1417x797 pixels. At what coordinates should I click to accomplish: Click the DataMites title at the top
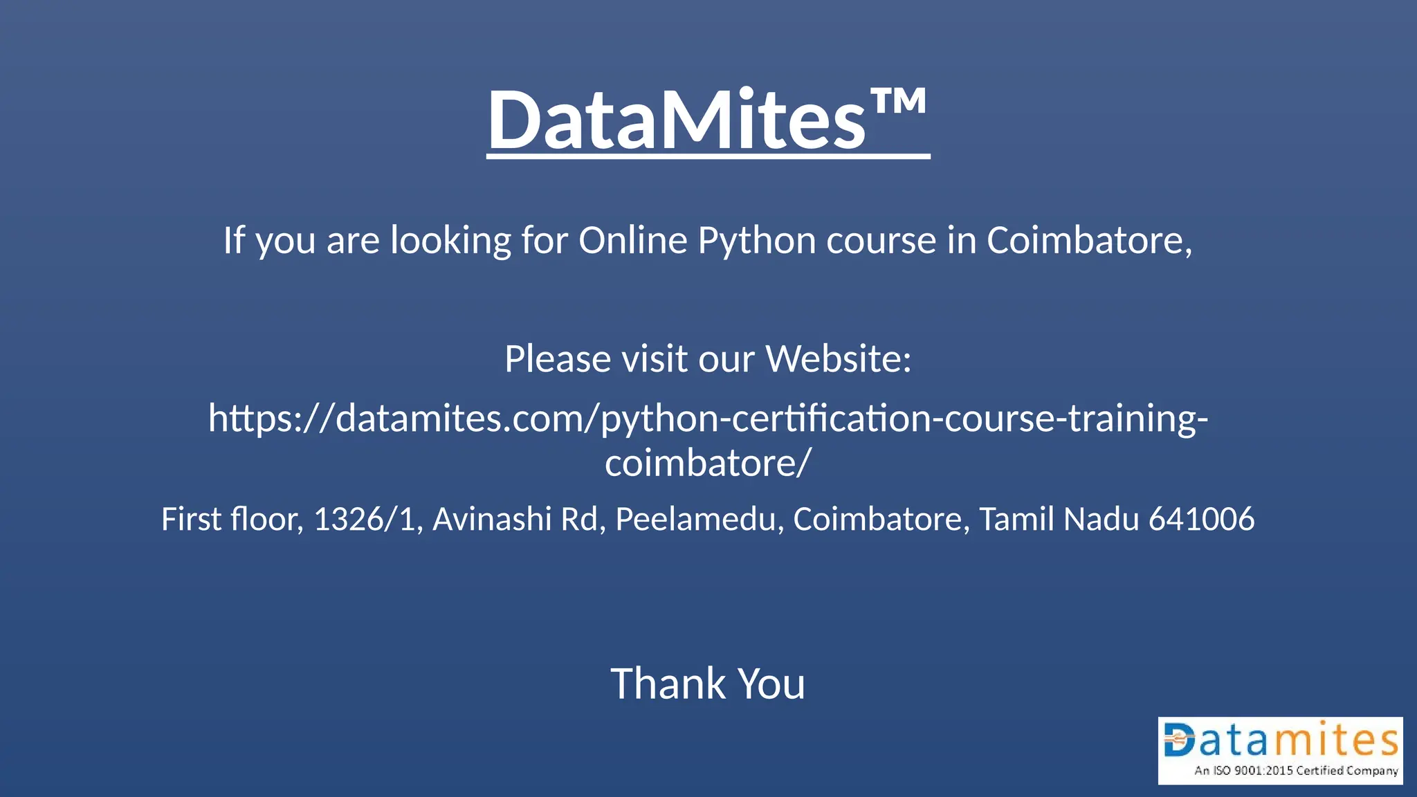(x=677, y=120)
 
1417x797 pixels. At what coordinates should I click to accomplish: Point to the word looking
(x=450, y=242)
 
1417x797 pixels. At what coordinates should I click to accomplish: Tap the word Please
(x=557, y=359)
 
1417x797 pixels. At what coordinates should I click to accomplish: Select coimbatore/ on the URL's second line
(x=707, y=463)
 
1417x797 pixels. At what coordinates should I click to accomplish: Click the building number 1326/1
(x=365, y=520)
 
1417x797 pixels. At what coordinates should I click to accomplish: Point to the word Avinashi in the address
(x=491, y=520)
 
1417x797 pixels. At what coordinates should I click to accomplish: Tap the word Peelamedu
(x=695, y=520)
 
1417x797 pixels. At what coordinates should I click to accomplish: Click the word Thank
(x=667, y=684)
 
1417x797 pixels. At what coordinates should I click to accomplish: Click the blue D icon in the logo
(x=1179, y=740)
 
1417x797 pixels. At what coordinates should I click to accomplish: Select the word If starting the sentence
(x=233, y=241)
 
